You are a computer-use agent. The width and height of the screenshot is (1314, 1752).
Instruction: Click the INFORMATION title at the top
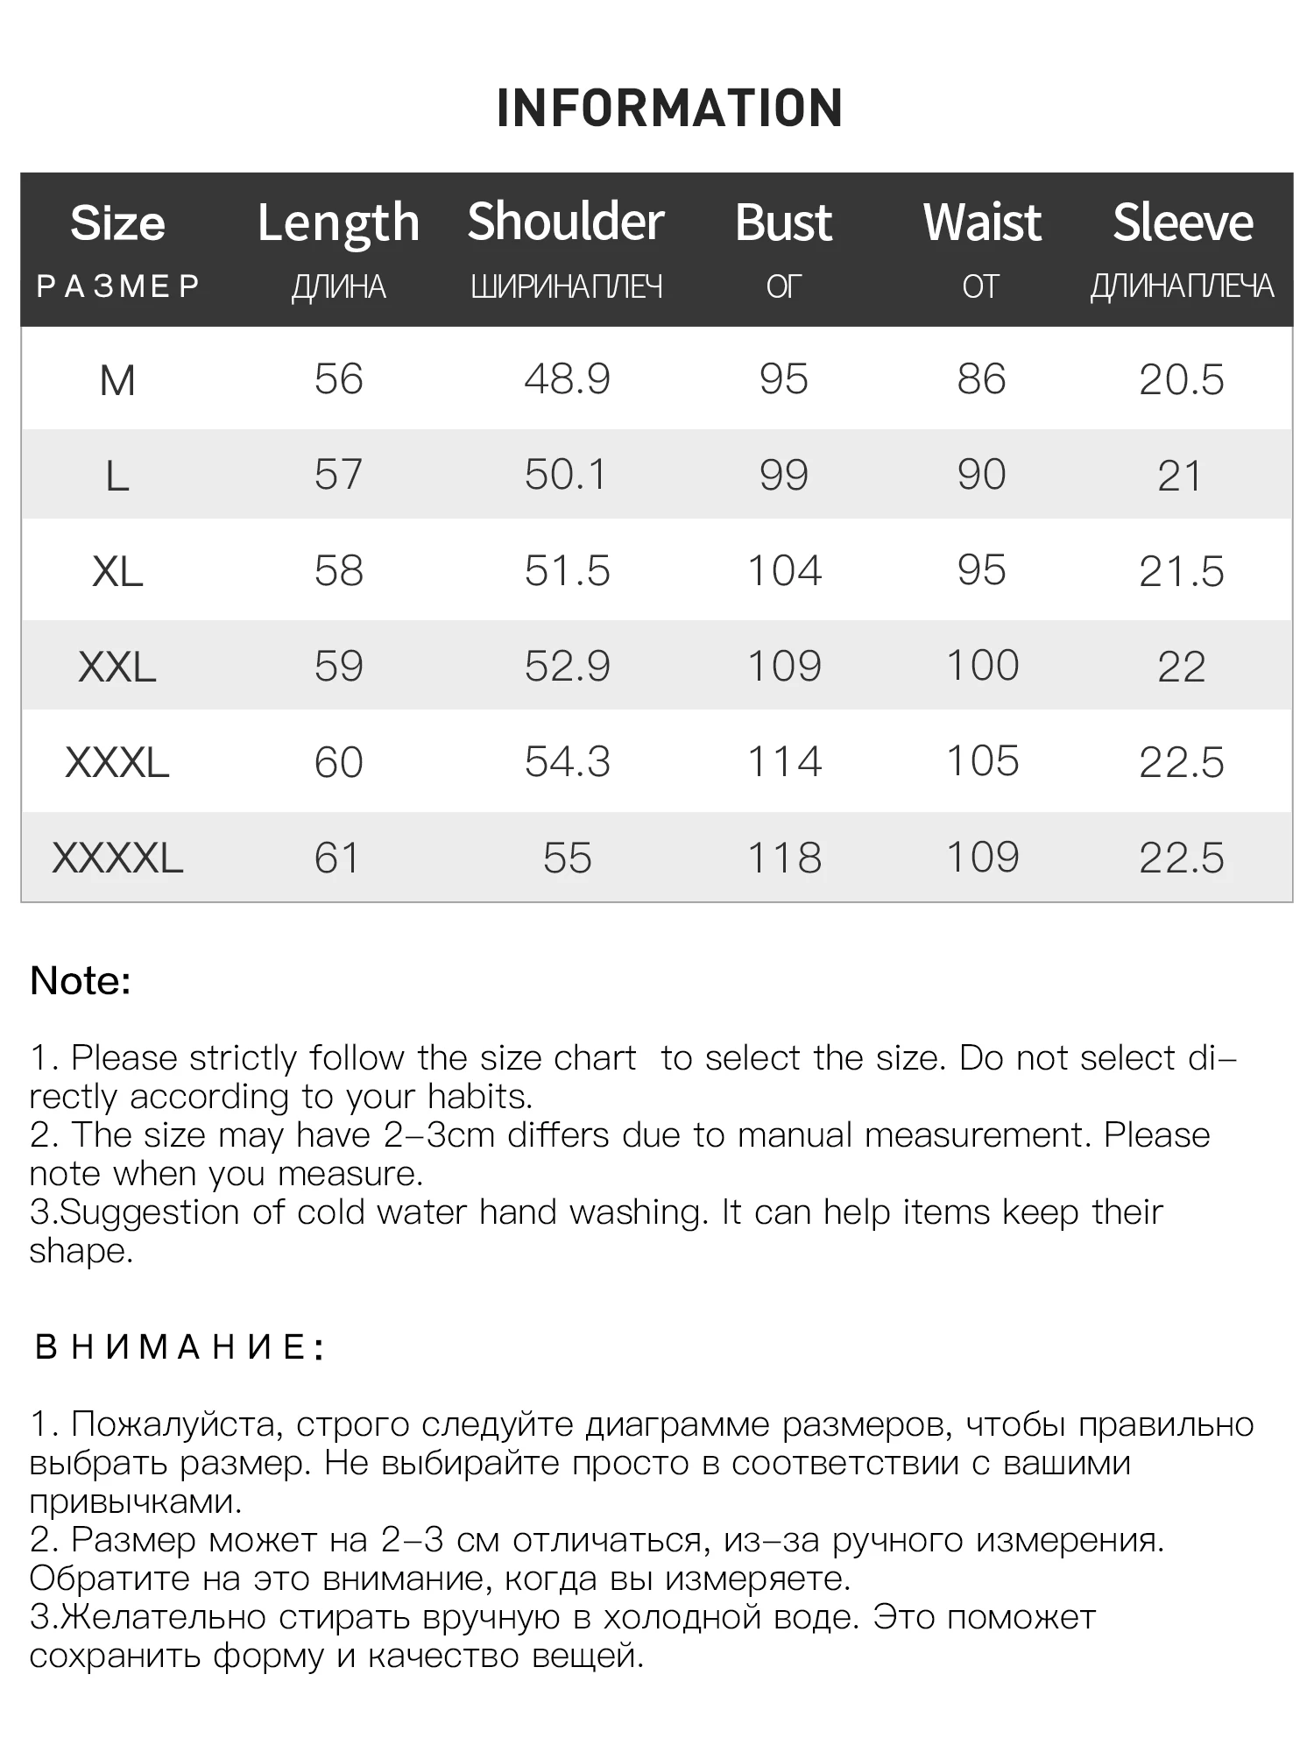(669, 108)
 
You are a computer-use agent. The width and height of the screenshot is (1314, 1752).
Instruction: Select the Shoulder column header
(566, 222)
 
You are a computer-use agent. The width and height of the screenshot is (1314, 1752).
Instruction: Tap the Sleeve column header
(1183, 223)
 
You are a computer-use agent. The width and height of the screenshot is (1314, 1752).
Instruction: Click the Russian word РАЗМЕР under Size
(118, 286)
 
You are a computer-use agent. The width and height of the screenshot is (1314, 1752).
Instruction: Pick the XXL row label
(117, 668)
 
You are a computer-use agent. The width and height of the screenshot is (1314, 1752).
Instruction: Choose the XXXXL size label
(117, 858)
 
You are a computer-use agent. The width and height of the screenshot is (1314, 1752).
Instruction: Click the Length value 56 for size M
(338, 379)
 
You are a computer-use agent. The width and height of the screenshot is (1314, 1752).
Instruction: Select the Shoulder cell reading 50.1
(566, 475)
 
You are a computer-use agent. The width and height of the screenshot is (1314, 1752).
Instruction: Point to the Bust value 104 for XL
(784, 571)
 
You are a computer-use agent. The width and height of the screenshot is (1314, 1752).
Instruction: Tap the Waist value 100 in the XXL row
(982, 666)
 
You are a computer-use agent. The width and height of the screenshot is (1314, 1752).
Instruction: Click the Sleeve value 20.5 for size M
(1182, 380)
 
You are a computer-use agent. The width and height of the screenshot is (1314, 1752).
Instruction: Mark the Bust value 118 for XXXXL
(784, 858)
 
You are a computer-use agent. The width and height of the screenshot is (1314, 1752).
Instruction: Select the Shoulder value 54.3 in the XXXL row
(567, 762)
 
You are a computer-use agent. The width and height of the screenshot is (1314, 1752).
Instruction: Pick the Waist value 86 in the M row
(981, 379)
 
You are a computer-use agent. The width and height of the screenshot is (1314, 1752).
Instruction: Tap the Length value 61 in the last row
(337, 858)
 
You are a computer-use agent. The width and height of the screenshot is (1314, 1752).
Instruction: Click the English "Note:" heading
(81, 981)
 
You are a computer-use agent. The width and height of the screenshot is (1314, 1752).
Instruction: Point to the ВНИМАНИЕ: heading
(180, 1346)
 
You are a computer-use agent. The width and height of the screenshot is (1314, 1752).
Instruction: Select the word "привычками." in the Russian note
(136, 1501)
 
